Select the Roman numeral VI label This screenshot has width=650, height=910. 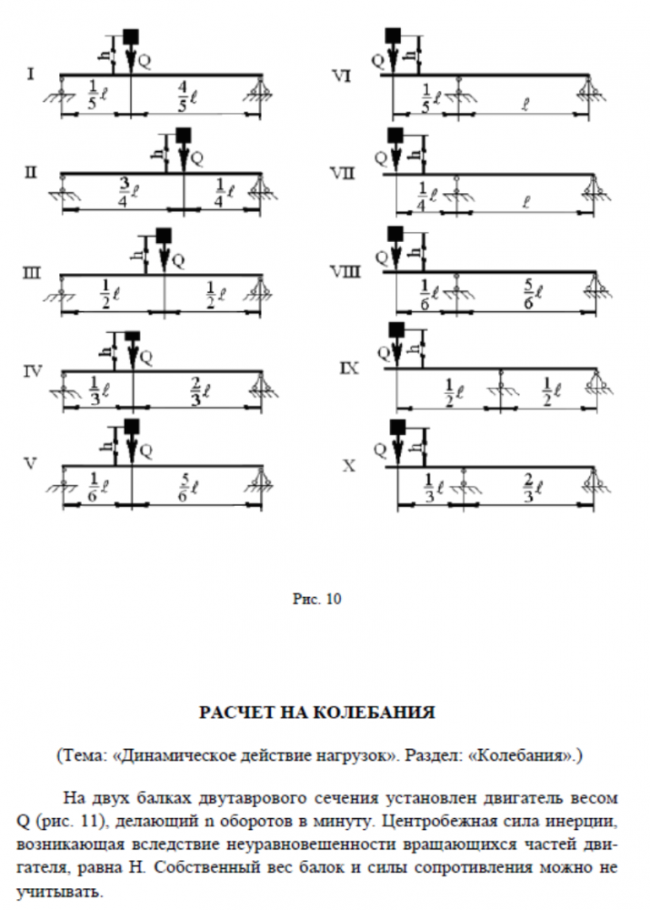click(341, 75)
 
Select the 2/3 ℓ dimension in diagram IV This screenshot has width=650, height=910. click(197, 386)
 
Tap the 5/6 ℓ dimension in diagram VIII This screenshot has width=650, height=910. click(532, 291)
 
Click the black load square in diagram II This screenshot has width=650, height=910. click(185, 135)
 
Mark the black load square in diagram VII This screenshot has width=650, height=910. click(395, 136)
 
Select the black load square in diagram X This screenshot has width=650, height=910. click(395, 428)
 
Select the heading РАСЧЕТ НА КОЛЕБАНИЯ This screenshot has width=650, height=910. click(325, 712)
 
